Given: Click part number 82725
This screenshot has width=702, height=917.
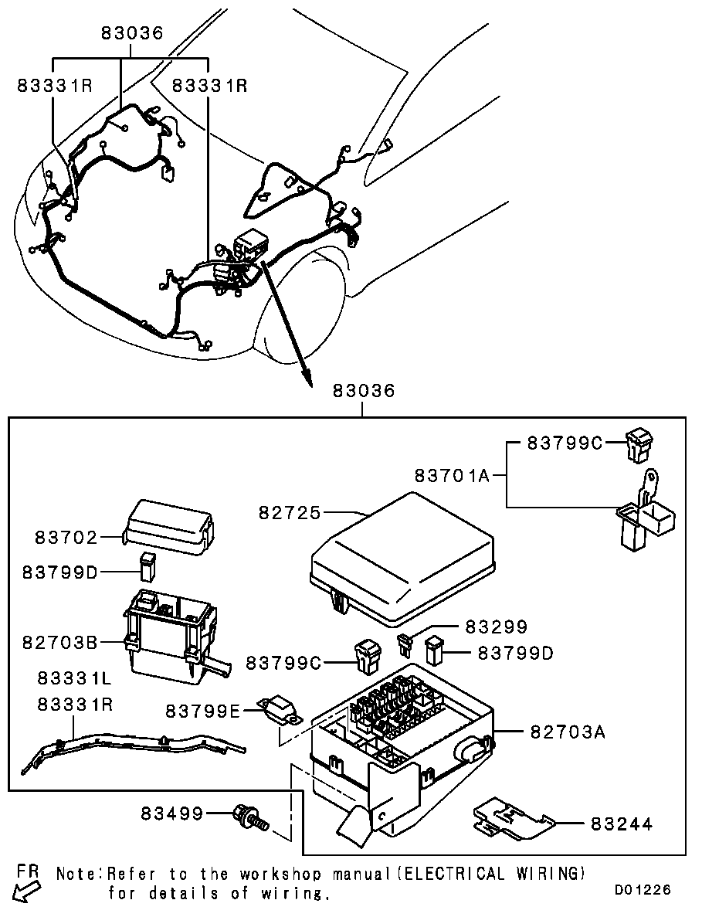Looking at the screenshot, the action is click(290, 513).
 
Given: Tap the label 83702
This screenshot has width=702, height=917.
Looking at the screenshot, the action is click(66, 537).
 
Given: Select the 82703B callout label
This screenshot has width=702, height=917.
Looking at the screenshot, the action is click(59, 642).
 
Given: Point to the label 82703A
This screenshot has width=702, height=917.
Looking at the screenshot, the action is click(568, 731).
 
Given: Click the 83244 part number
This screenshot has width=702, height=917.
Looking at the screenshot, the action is click(622, 824).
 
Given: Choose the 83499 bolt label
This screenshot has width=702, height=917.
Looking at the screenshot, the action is click(172, 813).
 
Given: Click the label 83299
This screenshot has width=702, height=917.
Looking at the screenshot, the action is click(497, 627).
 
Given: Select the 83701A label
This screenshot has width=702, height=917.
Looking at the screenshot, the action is click(453, 475).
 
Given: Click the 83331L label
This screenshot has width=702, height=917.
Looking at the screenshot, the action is click(75, 678).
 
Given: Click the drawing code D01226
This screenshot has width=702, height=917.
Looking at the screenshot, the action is click(642, 890).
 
